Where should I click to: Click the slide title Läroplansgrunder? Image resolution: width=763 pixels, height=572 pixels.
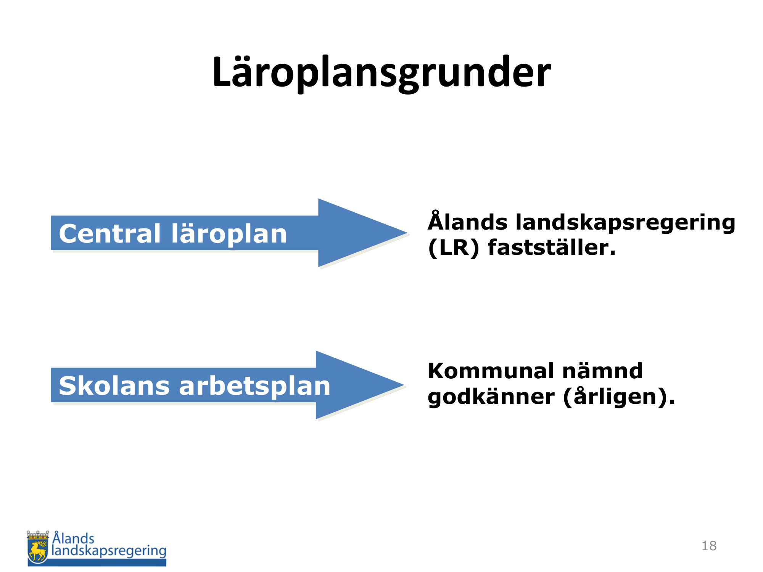point(381,72)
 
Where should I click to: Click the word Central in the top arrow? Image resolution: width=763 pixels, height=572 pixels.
point(110,233)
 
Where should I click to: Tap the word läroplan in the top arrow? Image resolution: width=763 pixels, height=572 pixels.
point(229,233)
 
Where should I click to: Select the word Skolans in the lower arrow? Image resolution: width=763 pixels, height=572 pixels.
point(114,386)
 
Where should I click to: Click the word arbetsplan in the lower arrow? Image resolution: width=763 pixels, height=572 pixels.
point(254,386)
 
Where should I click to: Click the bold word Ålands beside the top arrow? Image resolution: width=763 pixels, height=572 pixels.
point(467,221)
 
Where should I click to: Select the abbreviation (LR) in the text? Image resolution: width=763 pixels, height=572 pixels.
point(454,248)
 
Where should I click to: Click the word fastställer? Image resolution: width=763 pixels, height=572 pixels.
point(552,247)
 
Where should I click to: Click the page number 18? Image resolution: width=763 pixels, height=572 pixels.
point(709,546)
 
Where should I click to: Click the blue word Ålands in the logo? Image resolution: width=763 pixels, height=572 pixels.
point(73,537)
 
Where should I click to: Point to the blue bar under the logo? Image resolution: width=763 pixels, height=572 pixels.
point(97,562)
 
